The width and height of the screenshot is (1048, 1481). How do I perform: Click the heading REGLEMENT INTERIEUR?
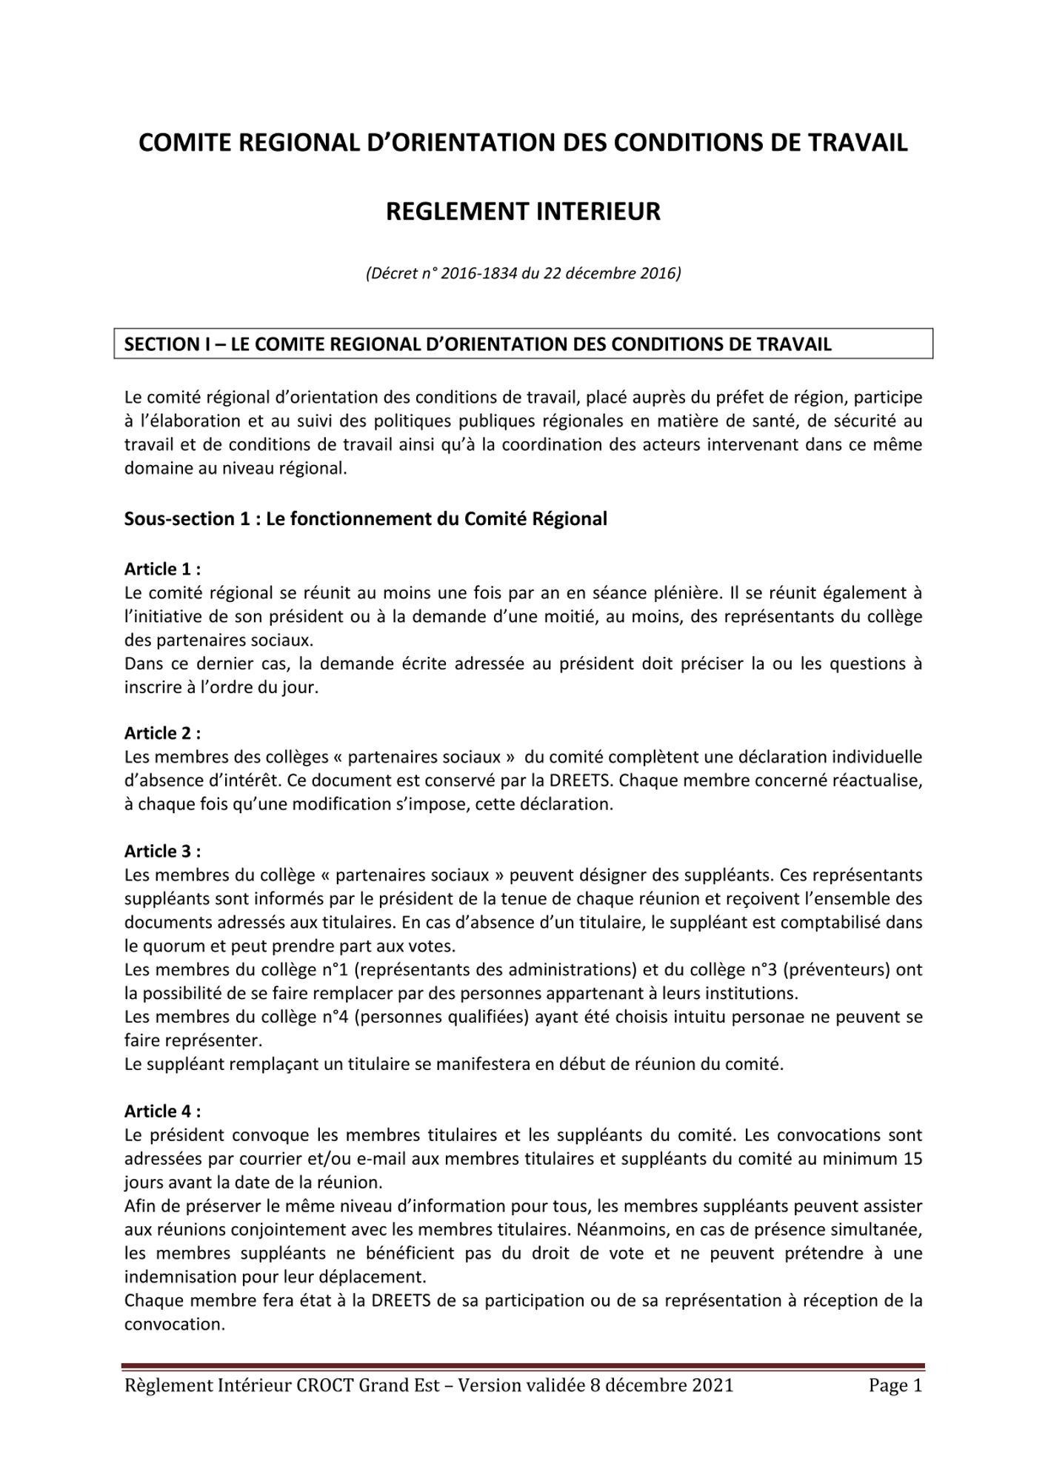pos(523,212)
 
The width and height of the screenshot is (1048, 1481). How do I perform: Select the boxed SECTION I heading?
pos(523,344)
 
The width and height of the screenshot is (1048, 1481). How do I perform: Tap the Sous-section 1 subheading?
pos(365,519)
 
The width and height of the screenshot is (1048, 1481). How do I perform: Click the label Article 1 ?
pos(162,569)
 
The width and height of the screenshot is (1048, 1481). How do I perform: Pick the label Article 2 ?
pos(162,733)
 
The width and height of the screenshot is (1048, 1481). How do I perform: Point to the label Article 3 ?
pos(162,852)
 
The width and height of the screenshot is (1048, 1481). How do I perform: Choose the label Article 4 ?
pos(162,1111)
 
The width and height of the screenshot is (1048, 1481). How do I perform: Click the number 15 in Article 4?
pos(912,1159)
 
